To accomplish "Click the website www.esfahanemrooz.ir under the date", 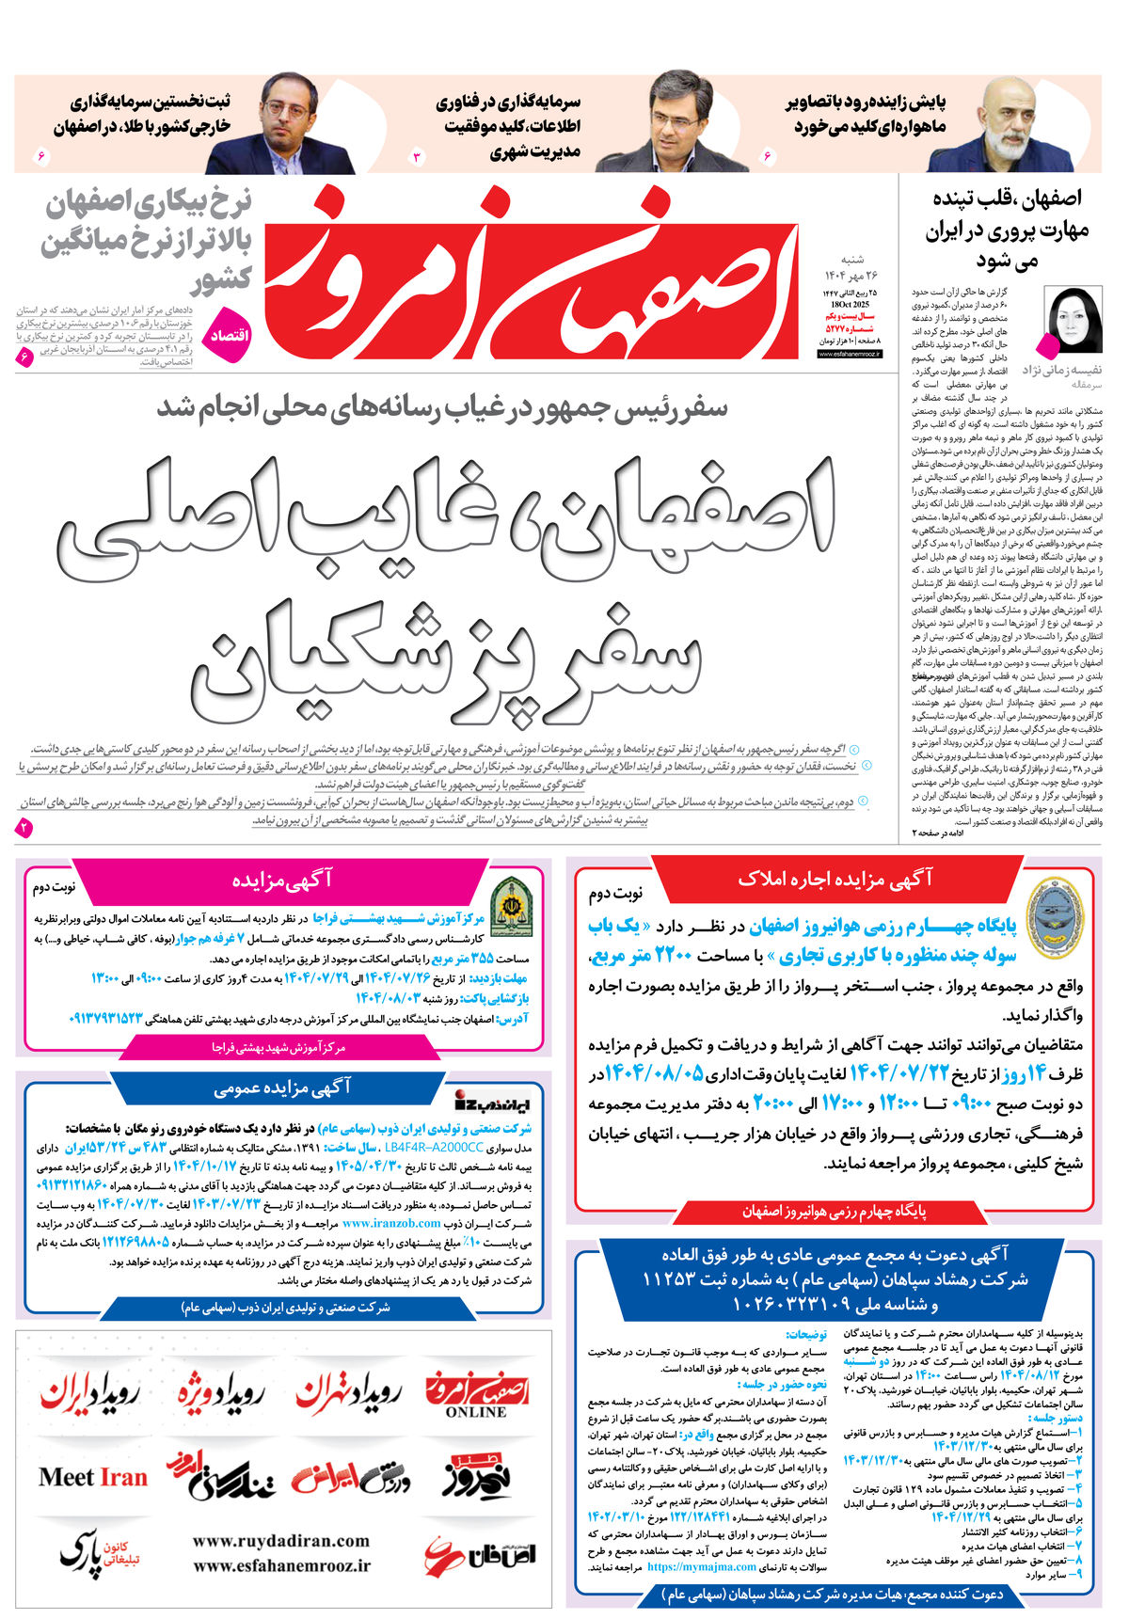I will (849, 355).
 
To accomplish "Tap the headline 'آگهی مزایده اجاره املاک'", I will (835, 880).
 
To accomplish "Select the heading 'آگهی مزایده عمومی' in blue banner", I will (282, 1087).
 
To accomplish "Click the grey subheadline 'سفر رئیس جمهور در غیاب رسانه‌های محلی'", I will (442, 408).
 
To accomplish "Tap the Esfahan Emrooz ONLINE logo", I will (477, 1396).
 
